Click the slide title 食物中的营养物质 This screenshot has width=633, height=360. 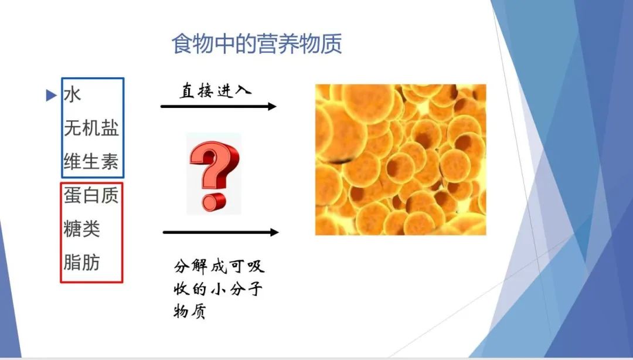click(257, 43)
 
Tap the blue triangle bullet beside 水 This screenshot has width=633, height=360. click(51, 96)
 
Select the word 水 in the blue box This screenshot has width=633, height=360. click(72, 95)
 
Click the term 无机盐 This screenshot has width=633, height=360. click(91, 128)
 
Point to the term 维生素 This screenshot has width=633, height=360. click(91, 162)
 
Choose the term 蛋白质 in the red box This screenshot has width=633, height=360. click(91, 196)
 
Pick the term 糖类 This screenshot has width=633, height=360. click(81, 229)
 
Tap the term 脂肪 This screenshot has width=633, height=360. click(81, 263)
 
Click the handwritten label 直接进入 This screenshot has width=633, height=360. click(215, 90)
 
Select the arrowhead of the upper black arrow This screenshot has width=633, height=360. click(272, 107)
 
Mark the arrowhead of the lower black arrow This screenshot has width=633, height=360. click(274, 232)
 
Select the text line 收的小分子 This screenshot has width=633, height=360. click(219, 289)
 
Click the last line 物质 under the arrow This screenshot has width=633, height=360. click(190, 311)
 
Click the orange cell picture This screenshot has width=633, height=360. click(400, 159)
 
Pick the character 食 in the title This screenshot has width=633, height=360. click(182, 43)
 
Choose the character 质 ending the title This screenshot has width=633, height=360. click(331, 43)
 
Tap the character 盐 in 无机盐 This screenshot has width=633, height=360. click(110, 128)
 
